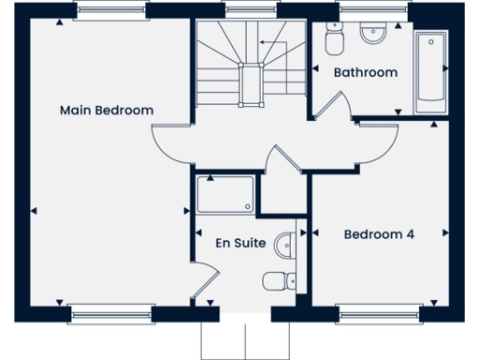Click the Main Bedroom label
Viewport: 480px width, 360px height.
tap(106, 110)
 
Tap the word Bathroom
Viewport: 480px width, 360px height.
tap(366, 72)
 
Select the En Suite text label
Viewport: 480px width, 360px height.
tap(240, 243)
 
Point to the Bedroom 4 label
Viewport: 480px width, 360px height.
tap(379, 234)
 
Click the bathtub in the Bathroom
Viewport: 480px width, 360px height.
tap(431, 70)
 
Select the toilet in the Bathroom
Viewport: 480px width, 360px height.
tap(333, 41)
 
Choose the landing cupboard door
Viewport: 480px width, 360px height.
tap(279, 161)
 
